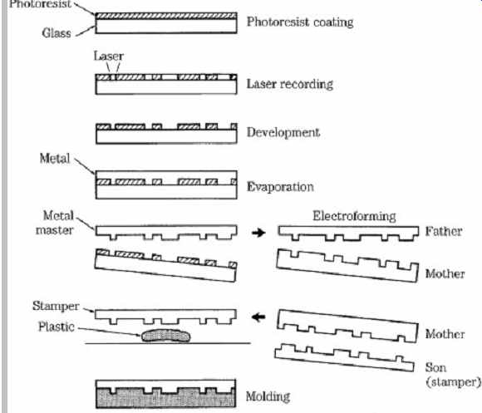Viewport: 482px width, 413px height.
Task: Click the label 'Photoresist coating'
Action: pyautogui.click(x=300, y=22)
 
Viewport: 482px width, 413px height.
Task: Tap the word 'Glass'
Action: pyautogui.click(x=57, y=33)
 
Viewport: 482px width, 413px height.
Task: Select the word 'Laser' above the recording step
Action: pyautogui.click(x=109, y=56)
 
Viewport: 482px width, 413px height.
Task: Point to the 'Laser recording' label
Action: pyautogui.click(x=290, y=84)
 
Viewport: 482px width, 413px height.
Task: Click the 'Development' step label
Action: pyautogui.click(x=283, y=132)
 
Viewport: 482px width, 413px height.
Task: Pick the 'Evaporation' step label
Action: pyautogui.click(x=280, y=187)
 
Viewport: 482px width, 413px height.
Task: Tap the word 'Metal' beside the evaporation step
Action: pyautogui.click(x=55, y=159)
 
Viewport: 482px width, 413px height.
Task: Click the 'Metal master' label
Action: pyautogui.click(x=55, y=223)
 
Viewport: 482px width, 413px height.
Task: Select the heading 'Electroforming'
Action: pyautogui.click(x=354, y=216)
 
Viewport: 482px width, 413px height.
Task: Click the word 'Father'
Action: pyautogui.click(x=444, y=231)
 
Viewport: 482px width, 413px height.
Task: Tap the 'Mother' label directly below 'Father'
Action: pyautogui.click(x=445, y=273)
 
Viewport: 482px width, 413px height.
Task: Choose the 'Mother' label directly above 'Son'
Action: pyautogui.click(x=445, y=334)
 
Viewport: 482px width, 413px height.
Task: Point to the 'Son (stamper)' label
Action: pyautogui.click(x=453, y=375)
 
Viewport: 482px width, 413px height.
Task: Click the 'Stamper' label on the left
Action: pyautogui.click(x=56, y=306)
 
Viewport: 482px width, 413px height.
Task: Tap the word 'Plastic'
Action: pyautogui.click(x=57, y=327)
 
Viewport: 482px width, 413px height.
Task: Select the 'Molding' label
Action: pyautogui.click(x=268, y=396)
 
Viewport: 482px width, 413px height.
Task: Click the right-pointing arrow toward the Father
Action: pyautogui.click(x=258, y=233)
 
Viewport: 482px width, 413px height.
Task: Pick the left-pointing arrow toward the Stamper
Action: pyautogui.click(x=258, y=317)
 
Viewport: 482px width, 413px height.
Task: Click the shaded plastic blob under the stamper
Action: pyautogui.click(x=165, y=336)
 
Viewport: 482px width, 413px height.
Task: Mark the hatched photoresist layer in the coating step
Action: pyautogui.click(x=166, y=16)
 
